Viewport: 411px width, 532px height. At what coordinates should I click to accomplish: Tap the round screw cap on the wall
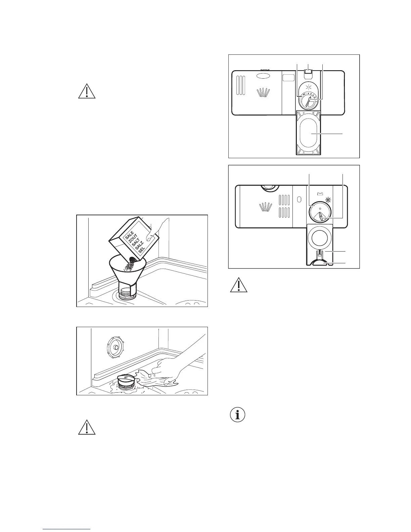click(x=114, y=347)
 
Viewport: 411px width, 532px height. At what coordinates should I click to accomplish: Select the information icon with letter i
click(x=238, y=415)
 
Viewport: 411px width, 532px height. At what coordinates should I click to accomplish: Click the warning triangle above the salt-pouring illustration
click(x=87, y=91)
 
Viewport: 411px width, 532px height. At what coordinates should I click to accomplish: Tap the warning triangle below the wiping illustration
click(x=87, y=428)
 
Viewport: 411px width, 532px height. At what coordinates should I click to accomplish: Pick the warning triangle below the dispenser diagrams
click(x=238, y=285)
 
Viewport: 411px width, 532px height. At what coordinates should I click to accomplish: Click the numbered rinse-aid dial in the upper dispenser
click(x=308, y=100)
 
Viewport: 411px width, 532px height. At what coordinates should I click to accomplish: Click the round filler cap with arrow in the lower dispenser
click(x=320, y=212)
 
